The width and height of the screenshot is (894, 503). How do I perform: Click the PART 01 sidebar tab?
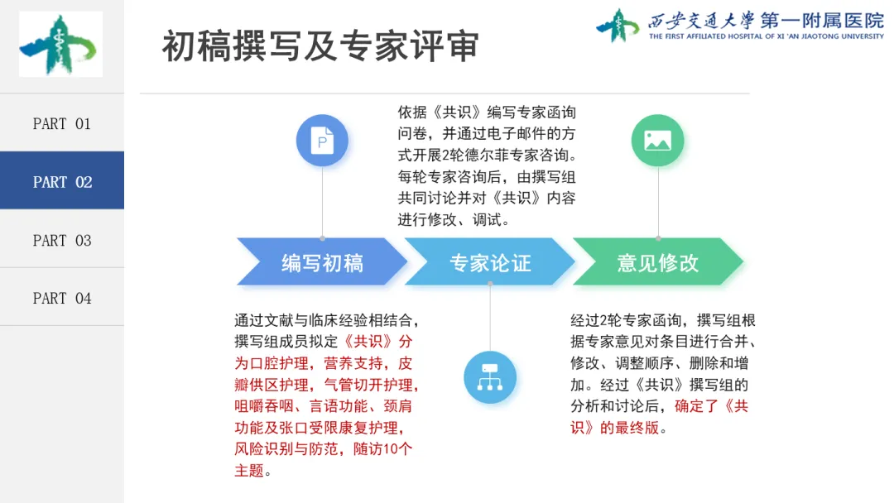pos(61,123)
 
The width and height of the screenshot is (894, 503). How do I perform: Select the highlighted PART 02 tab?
pos(61,181)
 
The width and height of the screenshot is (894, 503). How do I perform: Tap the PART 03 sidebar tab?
pos(61,240)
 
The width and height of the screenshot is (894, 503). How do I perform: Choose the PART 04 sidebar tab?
pos(61,298)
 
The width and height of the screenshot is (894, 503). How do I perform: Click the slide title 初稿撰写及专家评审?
pos(320,47)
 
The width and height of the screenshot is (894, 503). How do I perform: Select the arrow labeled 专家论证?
pos(489,263)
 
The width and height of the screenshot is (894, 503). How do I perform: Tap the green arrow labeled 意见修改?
pos(657,263)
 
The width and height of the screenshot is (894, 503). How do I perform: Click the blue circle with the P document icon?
pos(322,140)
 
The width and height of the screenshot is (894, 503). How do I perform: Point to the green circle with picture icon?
pos(657,140)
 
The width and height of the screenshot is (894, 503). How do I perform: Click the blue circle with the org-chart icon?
pos(490,377)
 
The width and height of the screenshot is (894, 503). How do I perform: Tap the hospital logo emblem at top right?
pos(618,25)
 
